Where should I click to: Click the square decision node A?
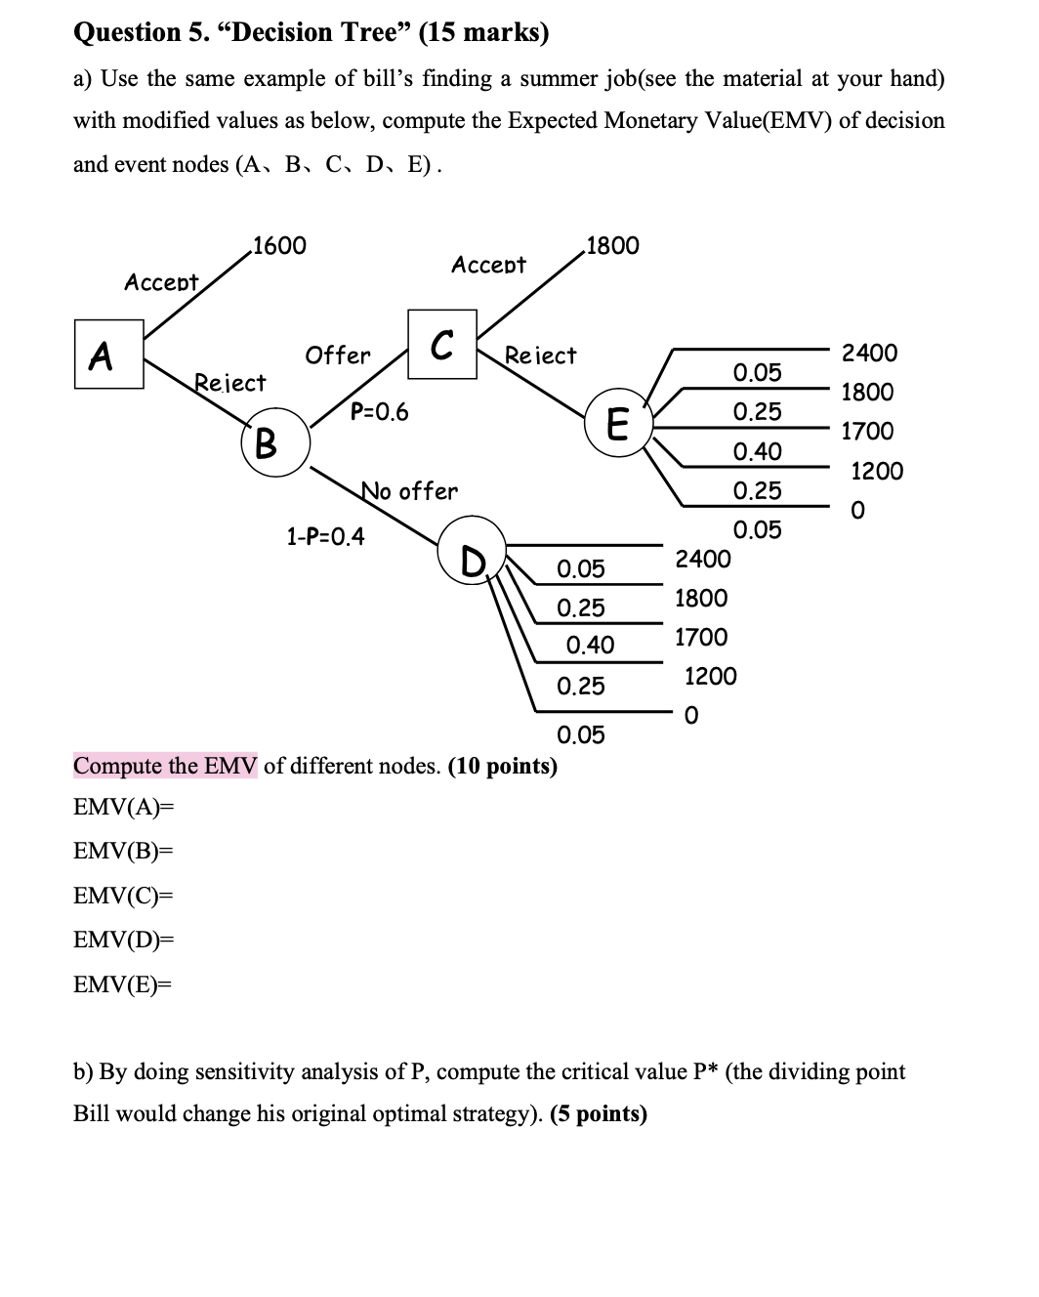(x=109, y=354)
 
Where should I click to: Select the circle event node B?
(x=275, y=445)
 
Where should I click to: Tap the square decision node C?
(x=441, y=344)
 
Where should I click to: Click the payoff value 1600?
(x=278, y=245)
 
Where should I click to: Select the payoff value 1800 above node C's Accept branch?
(x=612, y=245)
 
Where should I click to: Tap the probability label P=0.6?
(x=380, y=412)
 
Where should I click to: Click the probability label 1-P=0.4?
(x=325, y=536)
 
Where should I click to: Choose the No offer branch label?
(x=409, y=490)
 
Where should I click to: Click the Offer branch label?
(x=338, y=356)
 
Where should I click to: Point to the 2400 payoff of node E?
(x=870, y=353)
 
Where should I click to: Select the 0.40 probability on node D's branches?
(x=590, y=645)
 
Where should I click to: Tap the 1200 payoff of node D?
(x=711, y=676)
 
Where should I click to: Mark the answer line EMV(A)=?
(x=123, y=807)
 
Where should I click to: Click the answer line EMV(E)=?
(x=122, y=984)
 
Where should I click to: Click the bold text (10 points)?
(x=502, y=766)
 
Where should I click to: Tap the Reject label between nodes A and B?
(x=230, y=383)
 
